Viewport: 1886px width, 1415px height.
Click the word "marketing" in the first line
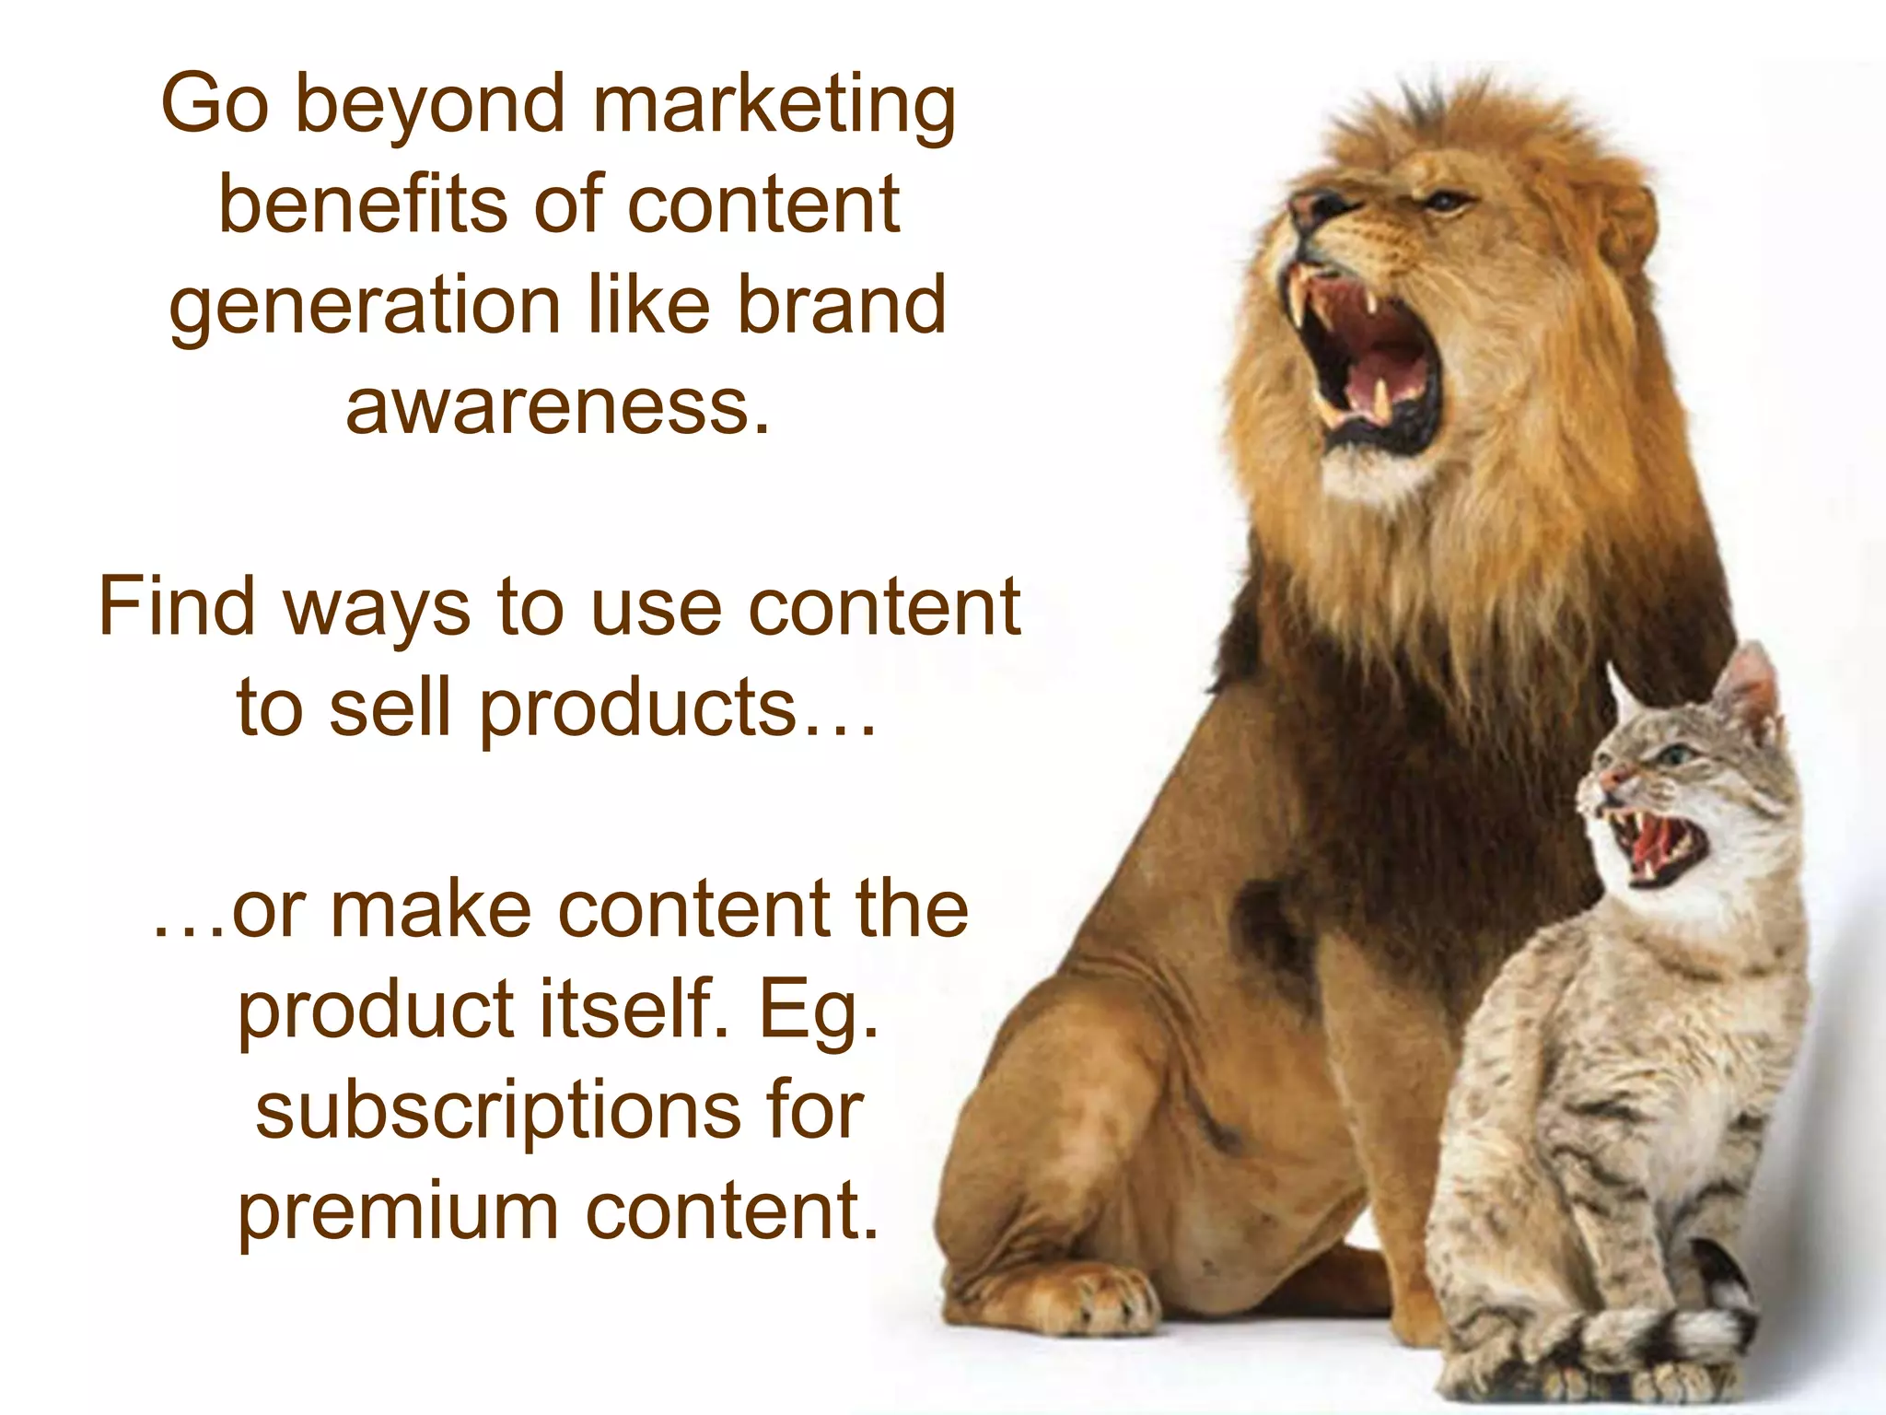(x=773, y=106)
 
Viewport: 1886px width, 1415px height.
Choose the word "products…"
(x=678, y=707)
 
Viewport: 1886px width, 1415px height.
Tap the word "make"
(x=431, y=909)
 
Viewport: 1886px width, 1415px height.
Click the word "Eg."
(x=819, y=1011)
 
